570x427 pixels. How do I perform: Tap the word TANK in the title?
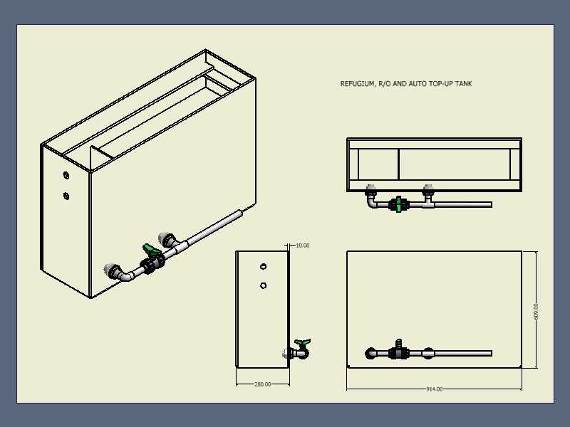click(464, 83)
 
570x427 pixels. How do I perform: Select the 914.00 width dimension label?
click(435, 389)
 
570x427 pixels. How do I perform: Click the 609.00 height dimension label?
click(537, 312)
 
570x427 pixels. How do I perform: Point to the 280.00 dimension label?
click(262, 384)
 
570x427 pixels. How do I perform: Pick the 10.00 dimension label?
click(302, 246)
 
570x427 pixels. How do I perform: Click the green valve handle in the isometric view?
click(151, 250)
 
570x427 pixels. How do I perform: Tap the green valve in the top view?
click(398, 204)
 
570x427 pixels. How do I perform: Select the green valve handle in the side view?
click(302, 342)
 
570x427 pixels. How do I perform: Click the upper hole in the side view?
click(263, 266)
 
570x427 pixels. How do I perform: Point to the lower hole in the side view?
click(263, 286)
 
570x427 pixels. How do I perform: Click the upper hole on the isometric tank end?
click(66, 175)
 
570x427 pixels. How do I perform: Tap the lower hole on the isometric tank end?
click(66, 196)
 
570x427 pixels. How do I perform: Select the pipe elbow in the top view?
click(372, 201)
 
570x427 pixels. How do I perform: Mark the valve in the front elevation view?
click(398, 350)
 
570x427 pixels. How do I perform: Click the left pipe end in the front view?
click(370, 353)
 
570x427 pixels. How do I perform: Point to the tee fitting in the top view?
click(428, 202)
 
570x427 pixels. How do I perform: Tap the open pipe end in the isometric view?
click(240, 213)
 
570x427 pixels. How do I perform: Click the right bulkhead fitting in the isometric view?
click(167, 240)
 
